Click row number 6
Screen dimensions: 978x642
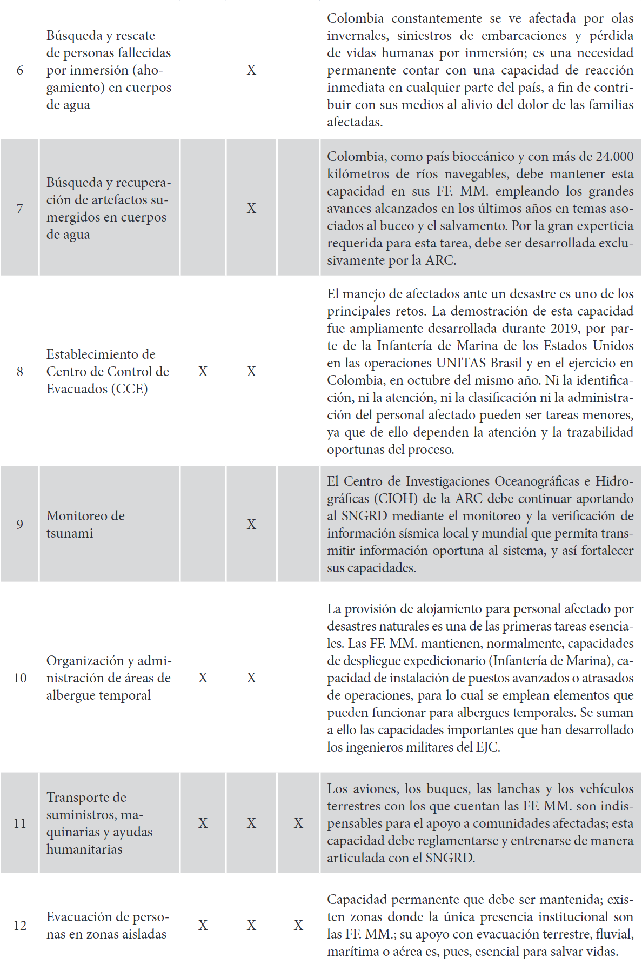19,70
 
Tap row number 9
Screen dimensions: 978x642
19,524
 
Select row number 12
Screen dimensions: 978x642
19,926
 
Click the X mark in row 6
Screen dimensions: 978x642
251,70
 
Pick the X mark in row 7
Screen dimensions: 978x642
251,209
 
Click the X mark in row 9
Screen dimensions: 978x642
251,524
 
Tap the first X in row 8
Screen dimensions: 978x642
203,372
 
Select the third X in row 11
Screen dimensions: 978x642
298,823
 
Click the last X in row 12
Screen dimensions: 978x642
298,926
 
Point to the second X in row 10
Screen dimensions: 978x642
251,678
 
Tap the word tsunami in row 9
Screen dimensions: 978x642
70,533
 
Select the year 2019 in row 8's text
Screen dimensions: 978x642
564,329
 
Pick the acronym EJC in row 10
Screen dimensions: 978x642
486,747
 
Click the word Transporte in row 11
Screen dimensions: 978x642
86,798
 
